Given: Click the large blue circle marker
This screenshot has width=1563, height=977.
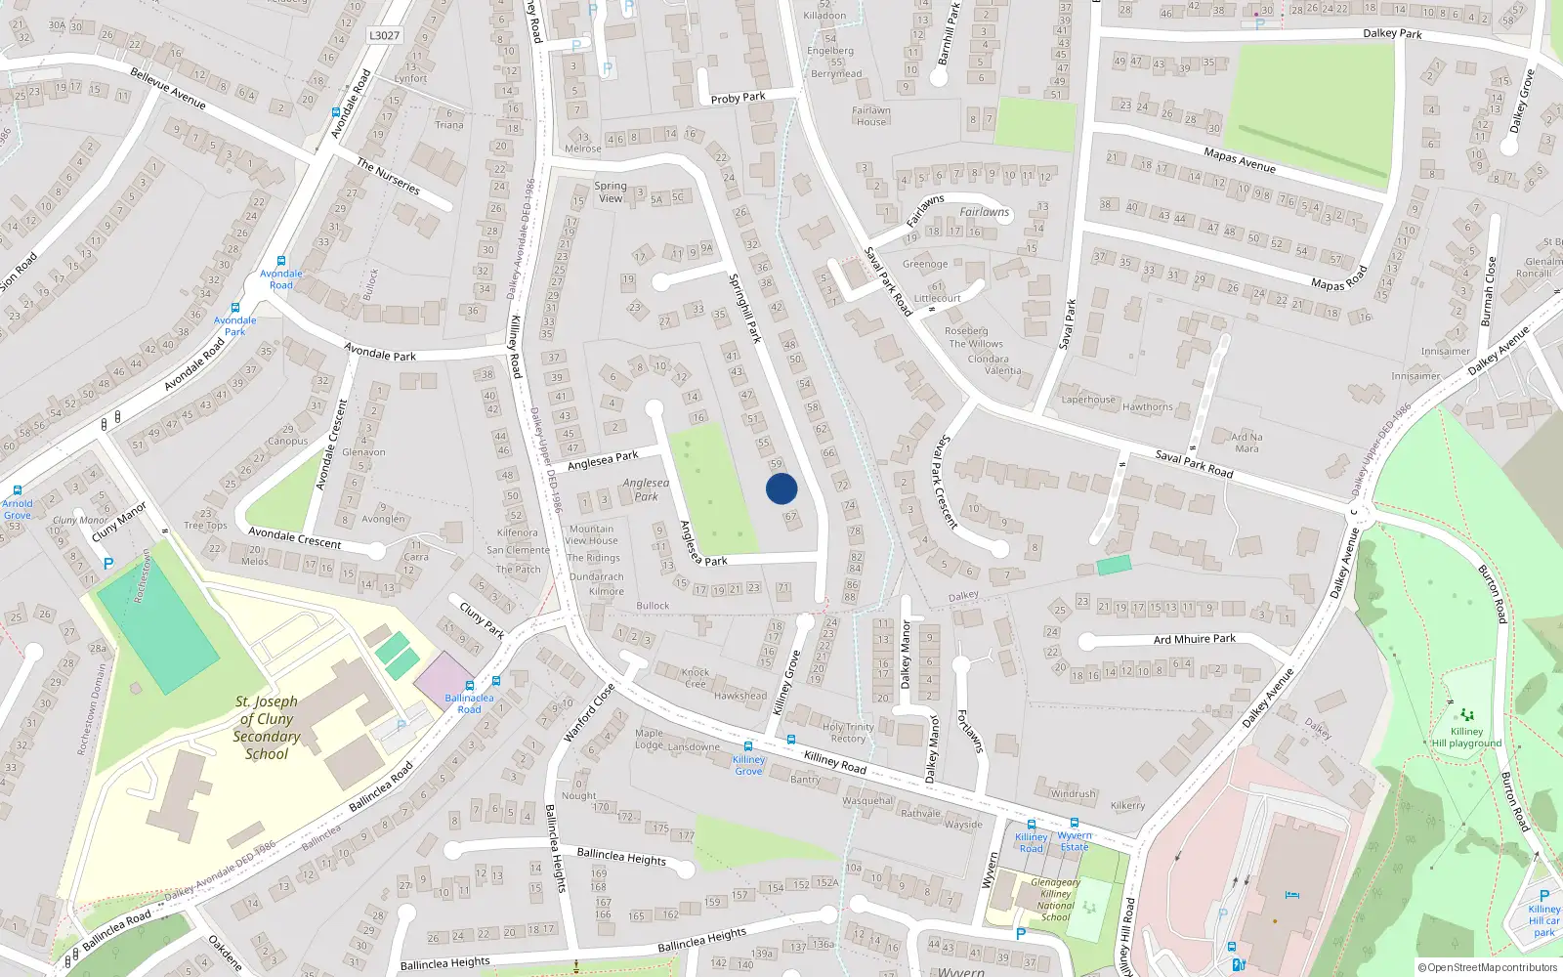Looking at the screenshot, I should point(781,488).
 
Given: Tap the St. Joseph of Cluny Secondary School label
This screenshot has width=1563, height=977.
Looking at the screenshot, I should point(266,728).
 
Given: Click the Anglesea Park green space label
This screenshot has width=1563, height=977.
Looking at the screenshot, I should point(646,489).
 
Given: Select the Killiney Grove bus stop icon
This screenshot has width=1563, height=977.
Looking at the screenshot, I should point(748,746).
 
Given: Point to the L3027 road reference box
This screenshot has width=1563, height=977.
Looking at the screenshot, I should point(384,35).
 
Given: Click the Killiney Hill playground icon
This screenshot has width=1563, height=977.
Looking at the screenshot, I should point(1466,715).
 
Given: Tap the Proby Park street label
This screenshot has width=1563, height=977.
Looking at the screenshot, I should point(738,98).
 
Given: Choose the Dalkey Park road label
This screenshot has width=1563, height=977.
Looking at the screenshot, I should point(1392,34).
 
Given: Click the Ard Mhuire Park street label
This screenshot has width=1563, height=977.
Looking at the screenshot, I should point(1194,639).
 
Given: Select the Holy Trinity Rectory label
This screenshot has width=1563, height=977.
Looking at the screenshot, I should point(847,733).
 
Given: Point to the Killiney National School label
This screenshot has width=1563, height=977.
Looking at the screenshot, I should point(1055,900).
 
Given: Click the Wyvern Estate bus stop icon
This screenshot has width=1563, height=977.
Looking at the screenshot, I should point(1075,824).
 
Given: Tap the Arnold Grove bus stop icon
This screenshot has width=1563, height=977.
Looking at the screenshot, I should point(17,491).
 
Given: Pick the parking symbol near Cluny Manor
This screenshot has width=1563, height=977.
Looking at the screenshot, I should point(108,564).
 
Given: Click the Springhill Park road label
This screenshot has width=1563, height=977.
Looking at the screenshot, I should point(744,308).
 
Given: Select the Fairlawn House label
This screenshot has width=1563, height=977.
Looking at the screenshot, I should point(870,116).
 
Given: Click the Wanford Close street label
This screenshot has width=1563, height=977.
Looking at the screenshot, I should point(589,713).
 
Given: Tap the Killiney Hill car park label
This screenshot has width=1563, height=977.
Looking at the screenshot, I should point(1543,920).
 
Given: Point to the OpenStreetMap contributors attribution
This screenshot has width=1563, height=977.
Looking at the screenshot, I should point(1487,967).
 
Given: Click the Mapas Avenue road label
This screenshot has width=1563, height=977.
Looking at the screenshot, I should point(1239,160).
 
